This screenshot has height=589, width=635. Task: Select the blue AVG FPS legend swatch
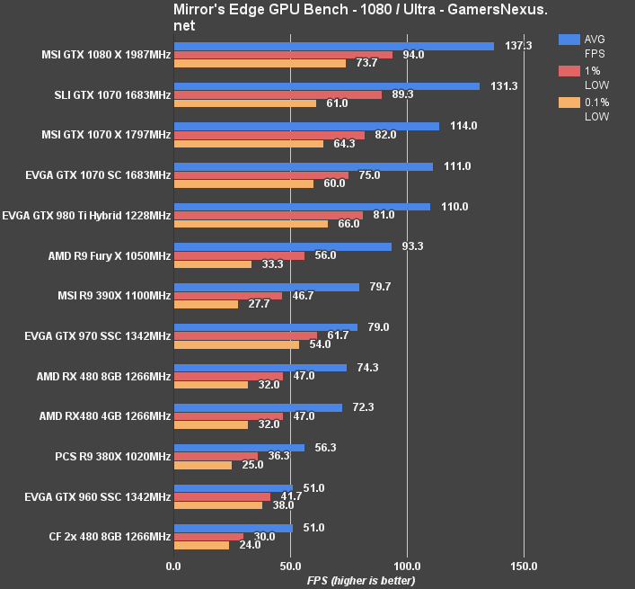coord(569,40)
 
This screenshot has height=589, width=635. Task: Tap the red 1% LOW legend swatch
coord(569,71)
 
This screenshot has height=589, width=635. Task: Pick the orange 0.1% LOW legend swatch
coord(569,103)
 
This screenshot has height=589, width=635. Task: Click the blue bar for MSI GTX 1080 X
coord(333,46)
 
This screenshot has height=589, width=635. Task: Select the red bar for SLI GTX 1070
coord(278,94)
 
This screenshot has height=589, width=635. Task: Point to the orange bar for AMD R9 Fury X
coord(213,264)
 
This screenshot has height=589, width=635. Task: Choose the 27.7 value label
coord(260,304)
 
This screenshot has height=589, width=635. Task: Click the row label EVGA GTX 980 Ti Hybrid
coord(86,216)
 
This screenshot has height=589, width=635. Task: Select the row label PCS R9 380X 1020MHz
coord(112,457)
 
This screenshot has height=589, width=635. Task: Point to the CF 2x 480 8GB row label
coord(110,537)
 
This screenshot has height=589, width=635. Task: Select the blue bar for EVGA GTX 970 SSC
coord(266,327)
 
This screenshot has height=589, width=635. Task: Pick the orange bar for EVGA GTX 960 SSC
coord(218,505)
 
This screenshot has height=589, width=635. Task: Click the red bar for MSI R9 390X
coord(228,295)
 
